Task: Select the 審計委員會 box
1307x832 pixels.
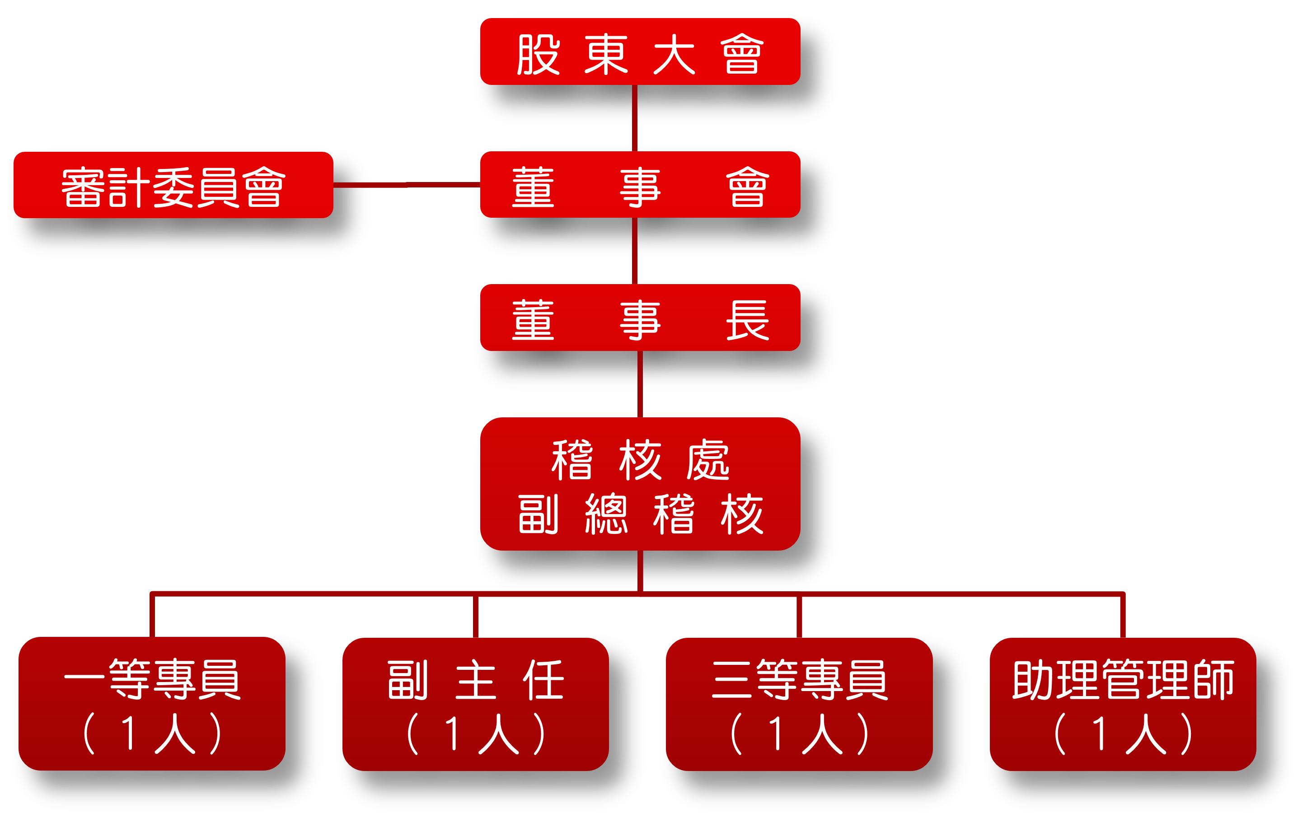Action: coord(173,185)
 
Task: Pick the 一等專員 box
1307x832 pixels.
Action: coord(152,704)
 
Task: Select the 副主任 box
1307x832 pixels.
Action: coord(475,704)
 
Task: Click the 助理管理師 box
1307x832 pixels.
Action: coord(1123,704)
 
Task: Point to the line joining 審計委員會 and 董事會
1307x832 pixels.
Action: coord(407,185)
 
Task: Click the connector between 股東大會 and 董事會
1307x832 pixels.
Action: coord(634,118)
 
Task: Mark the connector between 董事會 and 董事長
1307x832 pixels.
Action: coord(634,251)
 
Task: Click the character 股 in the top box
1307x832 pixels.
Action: coord(538,54)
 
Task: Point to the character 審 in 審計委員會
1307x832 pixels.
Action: coord(83,187)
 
